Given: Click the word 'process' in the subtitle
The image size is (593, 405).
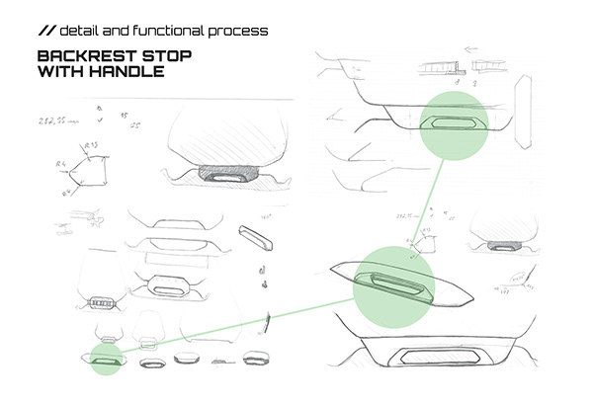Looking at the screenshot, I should (240, 31).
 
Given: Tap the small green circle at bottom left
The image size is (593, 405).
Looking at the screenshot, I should (105, 361).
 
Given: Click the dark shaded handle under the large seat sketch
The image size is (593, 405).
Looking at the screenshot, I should (229, 173).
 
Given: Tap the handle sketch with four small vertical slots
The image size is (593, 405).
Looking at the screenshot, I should (100, 301).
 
